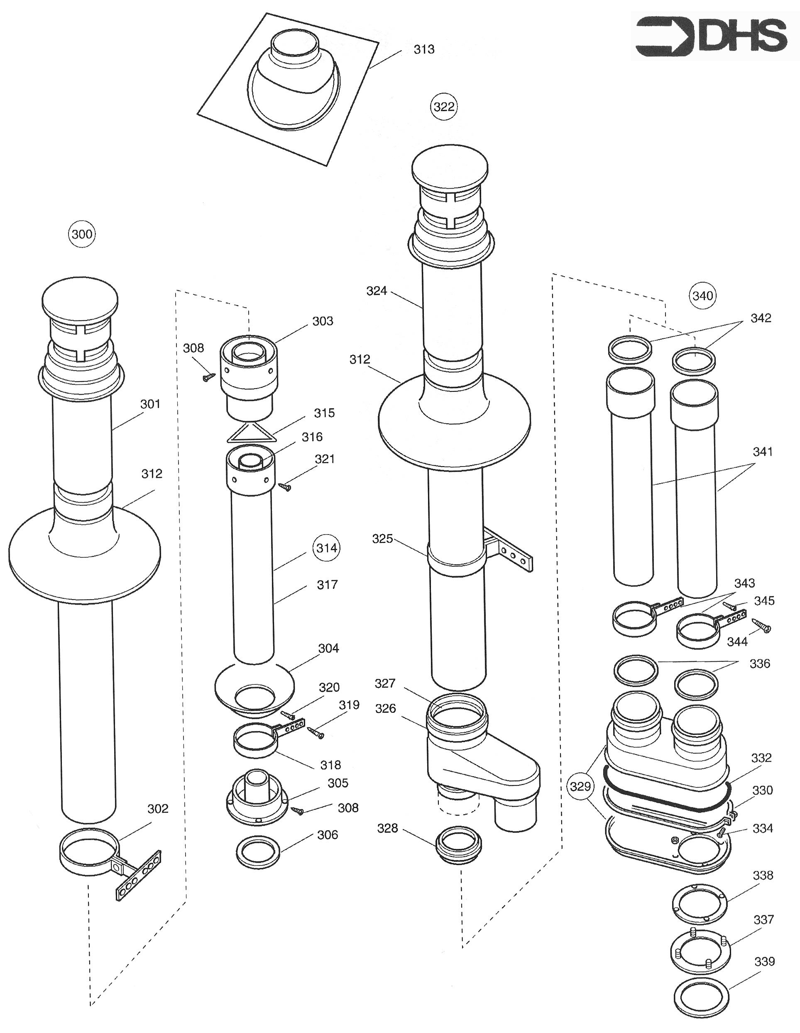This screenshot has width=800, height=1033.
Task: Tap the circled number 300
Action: (x=82, y=234)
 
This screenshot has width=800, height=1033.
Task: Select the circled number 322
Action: (x=443, y=107)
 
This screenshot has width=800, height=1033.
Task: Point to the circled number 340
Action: (x=702, y=296)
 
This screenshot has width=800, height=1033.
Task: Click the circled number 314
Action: (x=327, y=548)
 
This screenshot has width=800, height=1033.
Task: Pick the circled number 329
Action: (x=580, y=787)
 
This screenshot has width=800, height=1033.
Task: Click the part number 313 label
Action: (x=424, y=50)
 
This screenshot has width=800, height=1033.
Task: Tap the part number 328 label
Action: (x=387, y=828)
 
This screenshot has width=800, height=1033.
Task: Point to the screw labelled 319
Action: (x=316, y=733)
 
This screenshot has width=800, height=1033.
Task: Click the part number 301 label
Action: (x=150, y=404)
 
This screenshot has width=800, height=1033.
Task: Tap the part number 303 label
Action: (x=323, y=321)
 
